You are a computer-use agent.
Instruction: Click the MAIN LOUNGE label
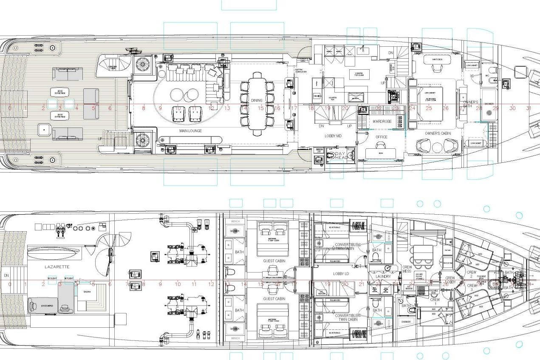point(190,131)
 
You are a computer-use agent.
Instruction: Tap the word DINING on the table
point(257,101)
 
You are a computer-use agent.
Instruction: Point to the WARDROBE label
point(382,122)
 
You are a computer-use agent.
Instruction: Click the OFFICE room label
point(381,137)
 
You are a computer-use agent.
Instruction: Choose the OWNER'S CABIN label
point(438,133)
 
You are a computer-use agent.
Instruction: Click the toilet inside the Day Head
point(331,155)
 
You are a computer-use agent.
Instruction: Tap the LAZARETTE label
point(57,266)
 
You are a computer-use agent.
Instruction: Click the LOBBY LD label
point(341,274)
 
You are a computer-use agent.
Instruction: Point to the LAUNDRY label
point(383,277)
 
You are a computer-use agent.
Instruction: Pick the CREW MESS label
point(407,269)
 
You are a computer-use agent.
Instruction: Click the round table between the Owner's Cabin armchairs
point(437,147)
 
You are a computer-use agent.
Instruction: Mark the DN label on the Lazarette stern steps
point(6,275)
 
